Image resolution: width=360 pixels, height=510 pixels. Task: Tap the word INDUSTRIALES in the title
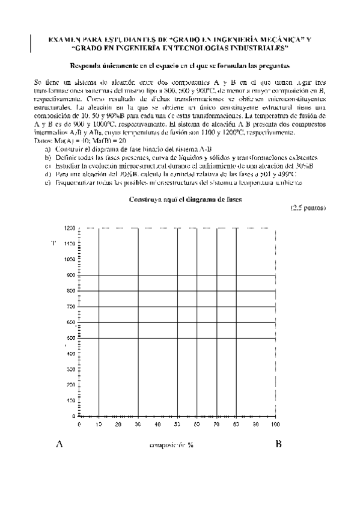tap(257, 47)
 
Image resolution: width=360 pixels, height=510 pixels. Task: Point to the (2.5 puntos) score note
tap(308, 208)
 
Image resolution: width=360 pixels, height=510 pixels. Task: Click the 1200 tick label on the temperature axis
tap(70, 228)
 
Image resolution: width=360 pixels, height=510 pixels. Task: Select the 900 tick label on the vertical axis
tap(71, 275)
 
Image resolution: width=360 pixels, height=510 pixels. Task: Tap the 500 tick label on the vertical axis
tap(71, 338)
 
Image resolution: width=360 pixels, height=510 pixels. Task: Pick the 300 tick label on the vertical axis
tap(71, 369)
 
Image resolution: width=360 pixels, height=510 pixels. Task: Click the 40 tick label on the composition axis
tap(157, 425)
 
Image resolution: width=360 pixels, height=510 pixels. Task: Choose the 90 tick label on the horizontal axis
tap(255, 425)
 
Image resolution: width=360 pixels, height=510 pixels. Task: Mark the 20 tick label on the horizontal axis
tap(118, 425)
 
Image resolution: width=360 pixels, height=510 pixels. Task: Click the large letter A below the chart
tap(59, 444)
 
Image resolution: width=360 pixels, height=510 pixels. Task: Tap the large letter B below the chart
tap(278, 444)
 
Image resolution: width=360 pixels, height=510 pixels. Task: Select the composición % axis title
tap(171, 445)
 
